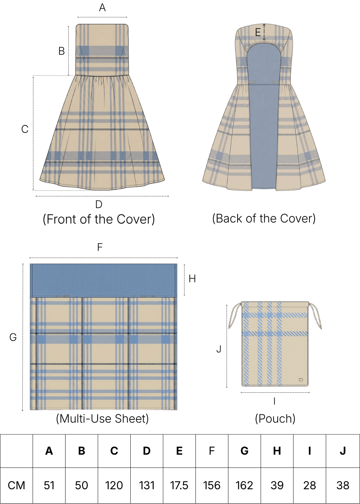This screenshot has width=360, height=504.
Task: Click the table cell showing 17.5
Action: tap(179, 485)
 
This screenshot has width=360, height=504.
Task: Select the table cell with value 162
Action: tap(244, 485)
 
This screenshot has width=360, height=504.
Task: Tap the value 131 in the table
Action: tap(147, 485)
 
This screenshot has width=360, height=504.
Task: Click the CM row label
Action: tap(17, 485)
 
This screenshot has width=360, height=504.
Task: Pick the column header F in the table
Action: tap(212, 451)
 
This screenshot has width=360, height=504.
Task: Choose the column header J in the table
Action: tap(343, 451)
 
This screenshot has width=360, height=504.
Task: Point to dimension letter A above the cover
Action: tap(102, 8)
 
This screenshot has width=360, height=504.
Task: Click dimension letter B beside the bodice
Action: tap(62, 51)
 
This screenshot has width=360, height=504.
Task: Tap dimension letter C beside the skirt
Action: tap(25, 129)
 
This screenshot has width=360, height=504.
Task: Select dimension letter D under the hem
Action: tap(99, 204)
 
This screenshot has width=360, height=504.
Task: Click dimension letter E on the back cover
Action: tap(258, 33)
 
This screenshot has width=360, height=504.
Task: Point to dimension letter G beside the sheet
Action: tap(13, 337)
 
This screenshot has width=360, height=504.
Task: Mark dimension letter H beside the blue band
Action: tap(192, 279)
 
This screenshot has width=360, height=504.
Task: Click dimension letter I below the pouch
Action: tap(274, 401)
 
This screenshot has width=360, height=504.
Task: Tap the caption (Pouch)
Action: tap(275, 419)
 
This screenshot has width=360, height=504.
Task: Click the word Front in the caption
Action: tap(61, 219)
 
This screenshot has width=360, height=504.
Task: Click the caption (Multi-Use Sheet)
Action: tap(102, 419)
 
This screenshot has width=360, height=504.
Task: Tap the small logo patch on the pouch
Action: tap(301, 380)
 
